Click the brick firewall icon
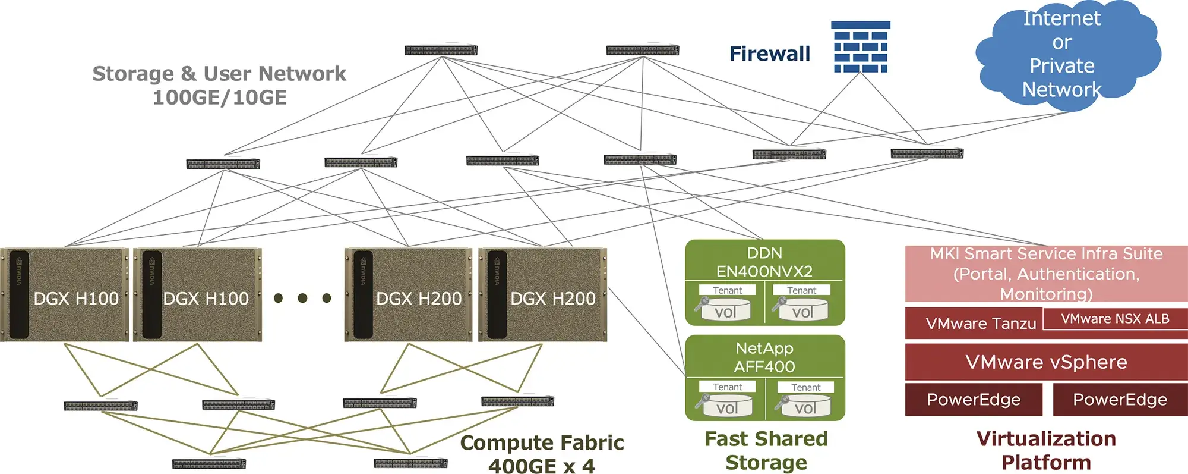(860, 47)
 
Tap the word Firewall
(769, 54)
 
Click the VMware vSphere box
(1046, 362)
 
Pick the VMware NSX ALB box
(1115, 319)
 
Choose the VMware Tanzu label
(980, 324)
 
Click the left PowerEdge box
(974, 400)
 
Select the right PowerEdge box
(1120, 400)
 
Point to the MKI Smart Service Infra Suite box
(1046, 274)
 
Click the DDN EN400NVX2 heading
(764, 262)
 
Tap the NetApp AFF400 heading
(764, 357)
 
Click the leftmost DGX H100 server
(65, 295)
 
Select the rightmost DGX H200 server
(542, 295)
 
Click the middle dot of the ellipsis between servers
(302, 298)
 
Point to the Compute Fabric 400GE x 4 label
(542, 454)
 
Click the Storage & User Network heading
(219, 85)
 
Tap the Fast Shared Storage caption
(766, 450)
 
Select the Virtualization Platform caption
(1046, 450)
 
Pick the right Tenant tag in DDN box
(801, 290)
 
